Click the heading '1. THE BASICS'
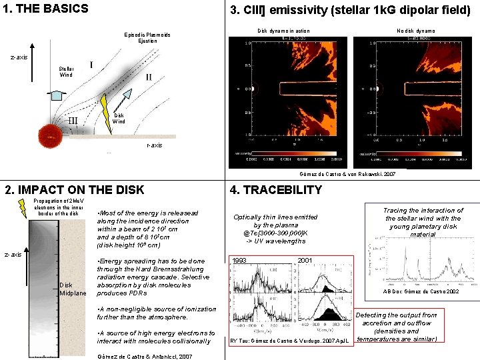coord(45,9)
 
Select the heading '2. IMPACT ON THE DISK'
coord(74,190)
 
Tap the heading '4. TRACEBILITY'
coord(275,190)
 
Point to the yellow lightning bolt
coord(106,106)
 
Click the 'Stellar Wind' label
coord(67,71)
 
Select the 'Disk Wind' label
coord(119,118)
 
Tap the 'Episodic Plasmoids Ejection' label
coord(147,37)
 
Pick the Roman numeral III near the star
coord(73,121)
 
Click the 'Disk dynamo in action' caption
coord(283,31)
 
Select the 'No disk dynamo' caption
coord(415,31)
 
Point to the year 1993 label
coord(241,260)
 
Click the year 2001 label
coord(305,260)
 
